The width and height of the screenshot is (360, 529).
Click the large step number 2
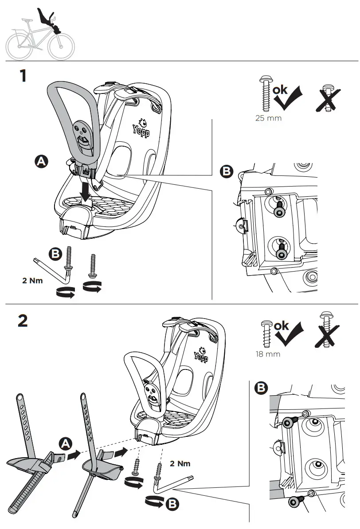(x=23, y=320)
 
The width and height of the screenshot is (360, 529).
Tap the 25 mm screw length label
(x=268, y=118)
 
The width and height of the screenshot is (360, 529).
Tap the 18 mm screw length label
(x=268, y=354)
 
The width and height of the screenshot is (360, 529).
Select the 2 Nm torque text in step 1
(x=32, y=281)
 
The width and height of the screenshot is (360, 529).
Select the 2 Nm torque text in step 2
(x=180, y=463)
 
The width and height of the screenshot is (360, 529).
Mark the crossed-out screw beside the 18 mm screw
(x=327, y=331)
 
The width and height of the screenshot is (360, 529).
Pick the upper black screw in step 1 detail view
(x=280, y=211)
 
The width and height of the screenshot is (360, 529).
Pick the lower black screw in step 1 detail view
(x=281, y=253)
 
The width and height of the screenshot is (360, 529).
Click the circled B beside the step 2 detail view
(x=262, y=389)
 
